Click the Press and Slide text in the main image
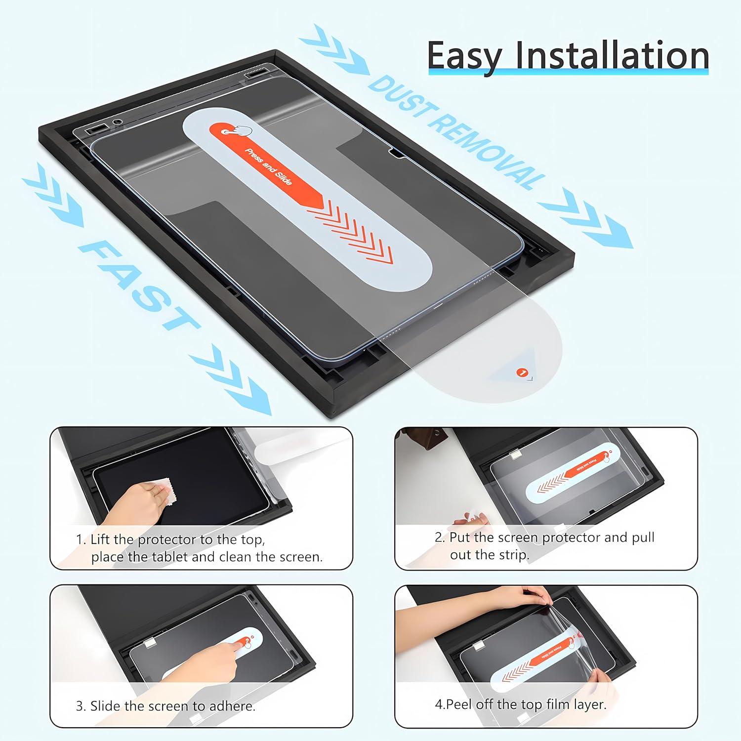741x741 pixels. click(270, 167)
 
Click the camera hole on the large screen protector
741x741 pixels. click(117, 122)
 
